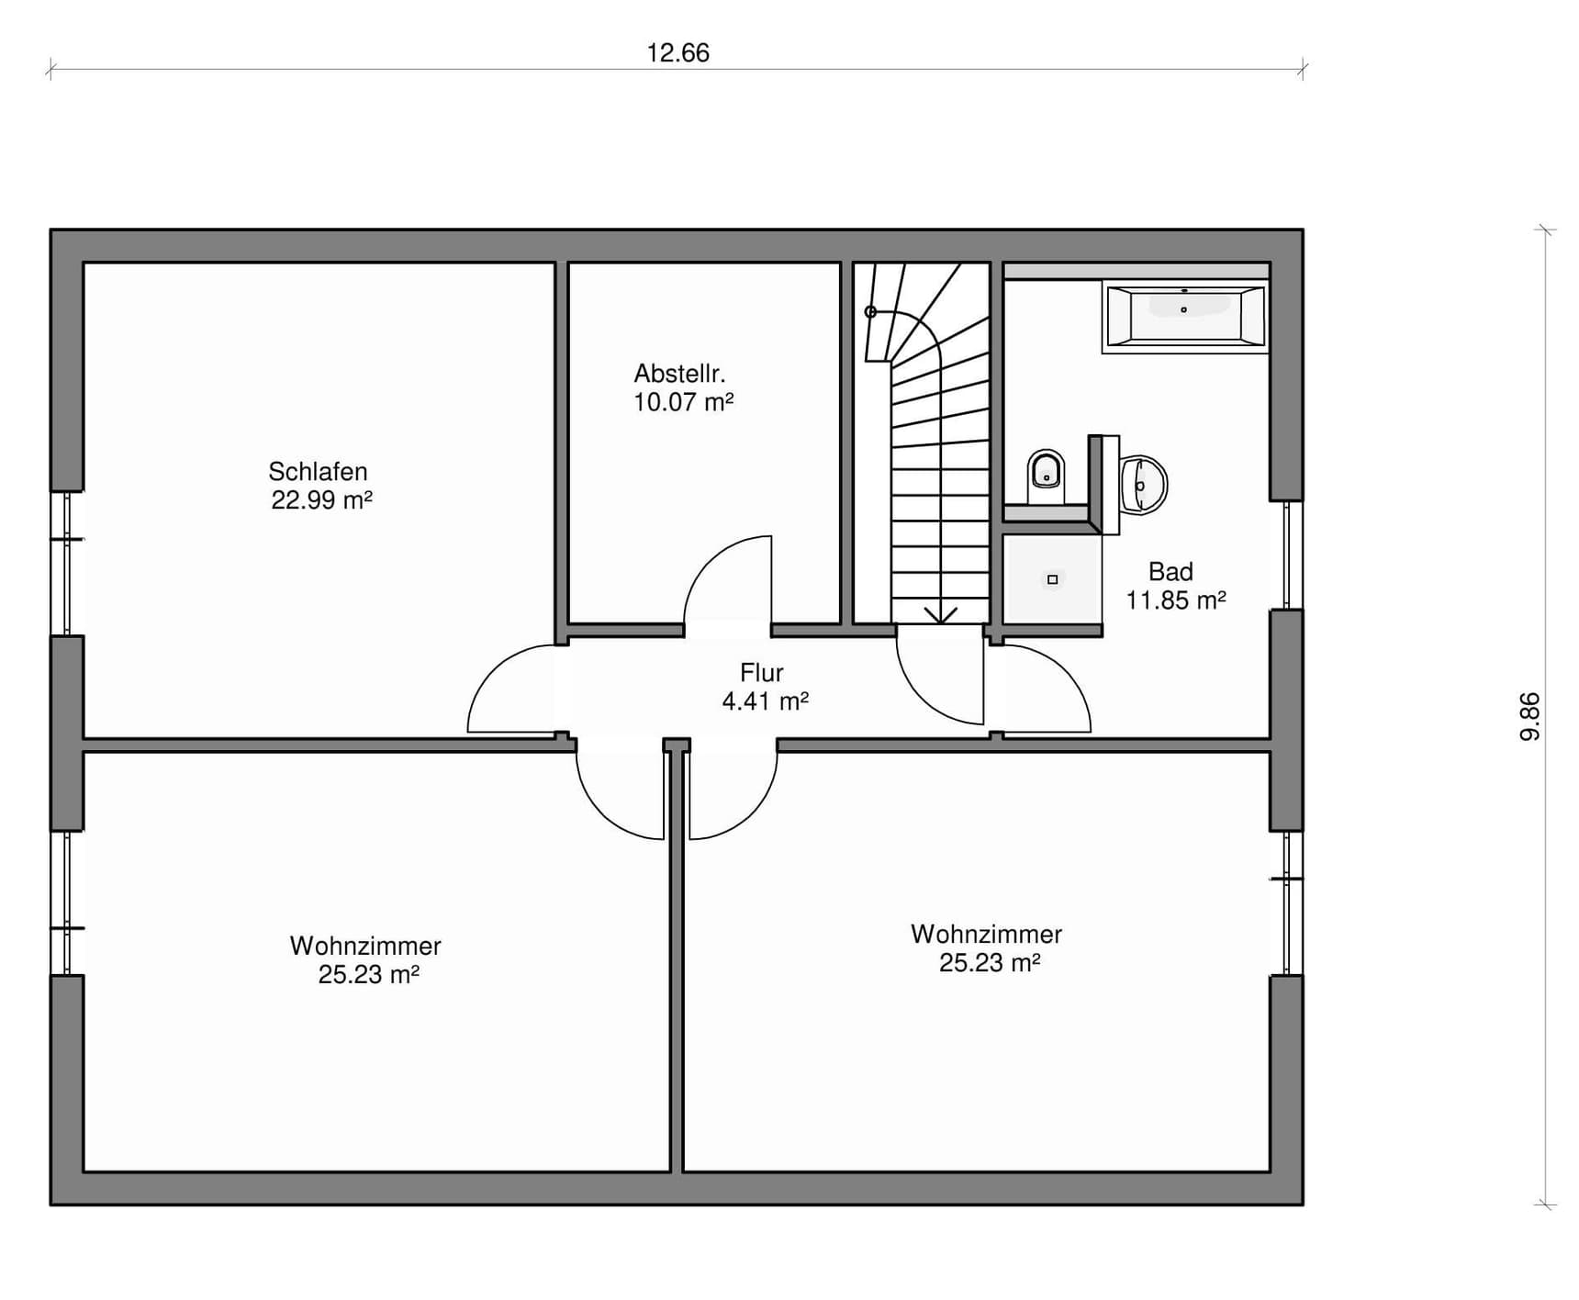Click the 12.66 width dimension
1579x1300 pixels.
pyautogui.click(x=678, y=53)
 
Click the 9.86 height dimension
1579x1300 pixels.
pyautogui.click(x=1530, y=716)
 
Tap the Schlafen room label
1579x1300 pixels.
pyautogui.click(x=318, y=472)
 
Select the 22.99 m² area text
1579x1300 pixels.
pyautogui.click(x=321, y=500)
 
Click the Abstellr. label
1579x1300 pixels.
pyautogui.click(x=679, y=374)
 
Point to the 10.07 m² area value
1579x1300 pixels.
pyautogui.click(x=683, y=402)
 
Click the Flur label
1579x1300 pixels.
pyautogui.click(x=761, y=672)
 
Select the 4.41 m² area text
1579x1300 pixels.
pyautogui.click(x=765, y=701)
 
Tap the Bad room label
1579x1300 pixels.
pyautogui.click(x=1170, y=572)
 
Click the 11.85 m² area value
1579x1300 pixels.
pyautogui.click(x=1176, y=600)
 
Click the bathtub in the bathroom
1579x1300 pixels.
pyautogui.click(x=1185, y=317)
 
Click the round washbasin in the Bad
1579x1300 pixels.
pyautogui.click(x=1144, y=484)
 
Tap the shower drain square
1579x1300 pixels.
pyautogui.click(x=1052, y=579)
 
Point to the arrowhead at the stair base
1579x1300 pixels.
pyautogui.click(x=940, y=615)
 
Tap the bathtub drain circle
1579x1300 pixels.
pyautogui.click(x=1183, y=310)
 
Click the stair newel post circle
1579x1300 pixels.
pyautogui.click(x=870, y=312)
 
